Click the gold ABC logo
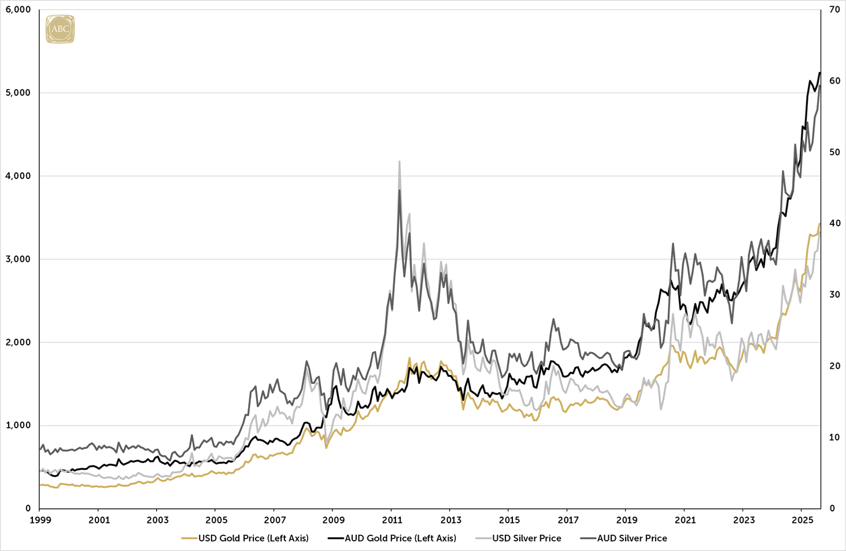point(60,29)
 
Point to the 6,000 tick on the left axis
point(19,10)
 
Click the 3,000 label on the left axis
point(19,259)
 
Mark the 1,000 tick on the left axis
point(19,426)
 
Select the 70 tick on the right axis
point(834,10)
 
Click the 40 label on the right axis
point(834,223)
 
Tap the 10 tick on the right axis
point(834,437)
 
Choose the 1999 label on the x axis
point(40,520)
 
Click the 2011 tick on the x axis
point(391,520)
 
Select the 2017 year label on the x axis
point(568,520)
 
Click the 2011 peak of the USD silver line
point(400,162)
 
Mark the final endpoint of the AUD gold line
point(820,73)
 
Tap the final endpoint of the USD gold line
point(820,223)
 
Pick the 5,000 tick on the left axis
point(19,93)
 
